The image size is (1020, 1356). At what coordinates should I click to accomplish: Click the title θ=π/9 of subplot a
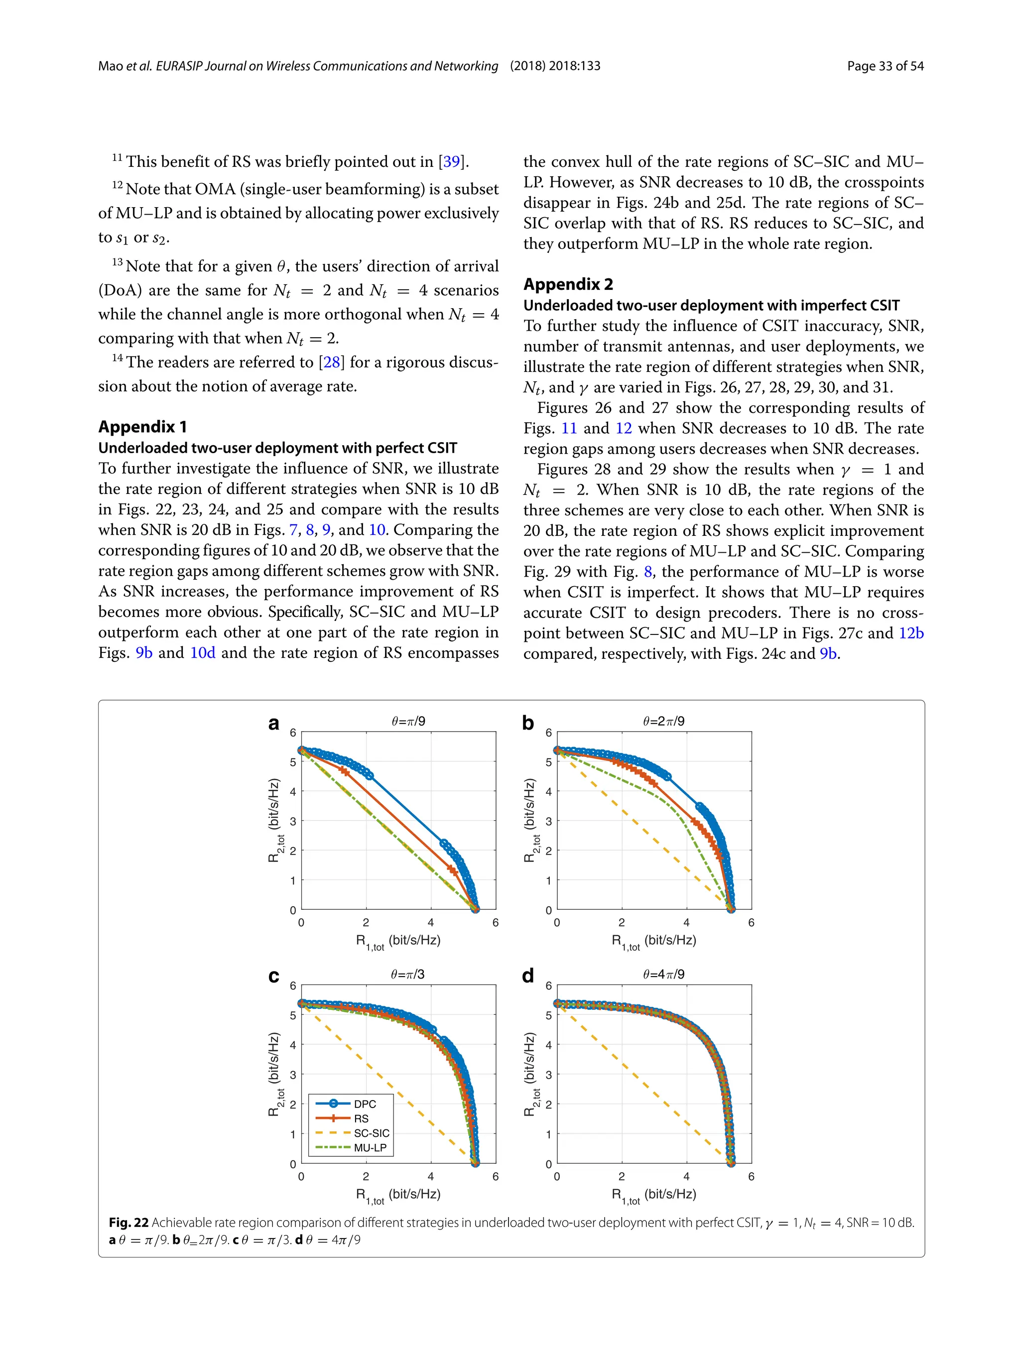pyautogui.click(x=408, y=722)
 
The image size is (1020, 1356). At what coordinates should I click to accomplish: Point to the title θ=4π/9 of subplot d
pyautogui.click(x=664, y=975)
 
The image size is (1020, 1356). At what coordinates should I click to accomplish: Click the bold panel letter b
pyautogui.click(x=528, y=724)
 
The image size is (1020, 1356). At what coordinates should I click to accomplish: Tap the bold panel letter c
pyautogui.click(x=273, y=976)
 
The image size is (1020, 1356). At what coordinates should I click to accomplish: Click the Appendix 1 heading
pyautogui.click(x=142, y=427)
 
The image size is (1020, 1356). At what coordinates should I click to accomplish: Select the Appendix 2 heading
pyautogui.click(x=568, y=284)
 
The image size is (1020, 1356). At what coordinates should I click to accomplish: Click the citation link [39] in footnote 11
pyautogui.click(x=451, y=162)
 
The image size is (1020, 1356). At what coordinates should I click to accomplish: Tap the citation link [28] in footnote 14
pyautogui.click(x=332, y=363)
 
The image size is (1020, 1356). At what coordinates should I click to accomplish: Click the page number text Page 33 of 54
pyautogui.click(x=885, y=66)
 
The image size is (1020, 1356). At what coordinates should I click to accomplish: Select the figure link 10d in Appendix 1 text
pyautogui.click(x=202, y=653)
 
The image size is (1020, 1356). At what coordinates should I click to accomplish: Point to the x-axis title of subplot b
pyautogui.click(x=653, y=941)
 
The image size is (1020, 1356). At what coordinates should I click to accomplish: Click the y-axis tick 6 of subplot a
pyautogui.click(x=293, y=733)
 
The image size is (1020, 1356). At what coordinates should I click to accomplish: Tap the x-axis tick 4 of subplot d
pyautogui.click(x=686, y=1176)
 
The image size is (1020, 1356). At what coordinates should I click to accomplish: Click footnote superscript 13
pyautogui.click(x=117, y=262)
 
